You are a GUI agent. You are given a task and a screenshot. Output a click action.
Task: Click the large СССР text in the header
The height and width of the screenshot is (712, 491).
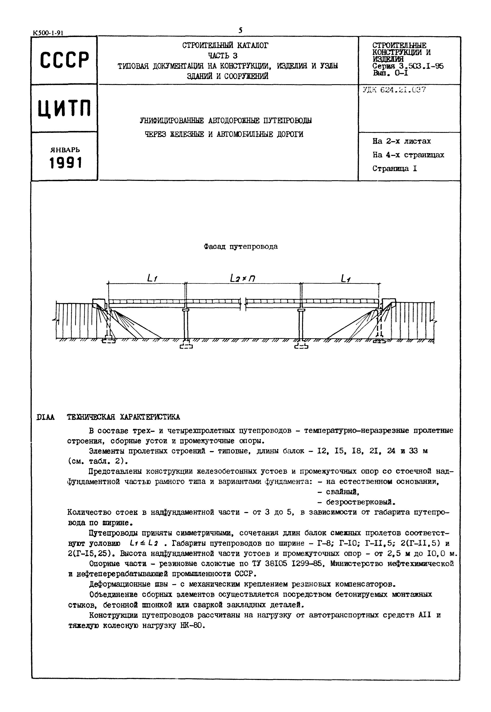[x=64, y=60]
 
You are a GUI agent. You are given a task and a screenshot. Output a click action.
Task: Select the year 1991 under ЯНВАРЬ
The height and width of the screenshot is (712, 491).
[x=65, y=163]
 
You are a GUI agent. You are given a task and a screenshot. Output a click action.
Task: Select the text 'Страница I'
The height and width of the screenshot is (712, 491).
[x=395, y=168]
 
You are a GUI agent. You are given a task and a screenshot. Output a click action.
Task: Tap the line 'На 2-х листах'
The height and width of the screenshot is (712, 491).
[x=401, y=141]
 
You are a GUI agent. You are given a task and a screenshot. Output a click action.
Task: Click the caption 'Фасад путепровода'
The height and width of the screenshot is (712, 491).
[x=241, y=247]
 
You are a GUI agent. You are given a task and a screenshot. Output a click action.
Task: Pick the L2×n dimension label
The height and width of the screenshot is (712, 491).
[x=243, y=279]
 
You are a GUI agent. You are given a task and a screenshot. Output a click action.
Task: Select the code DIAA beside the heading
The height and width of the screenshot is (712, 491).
[x=46, y=417]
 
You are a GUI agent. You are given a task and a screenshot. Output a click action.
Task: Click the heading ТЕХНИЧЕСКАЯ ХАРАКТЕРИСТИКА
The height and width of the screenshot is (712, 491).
[x=123, y=417]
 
